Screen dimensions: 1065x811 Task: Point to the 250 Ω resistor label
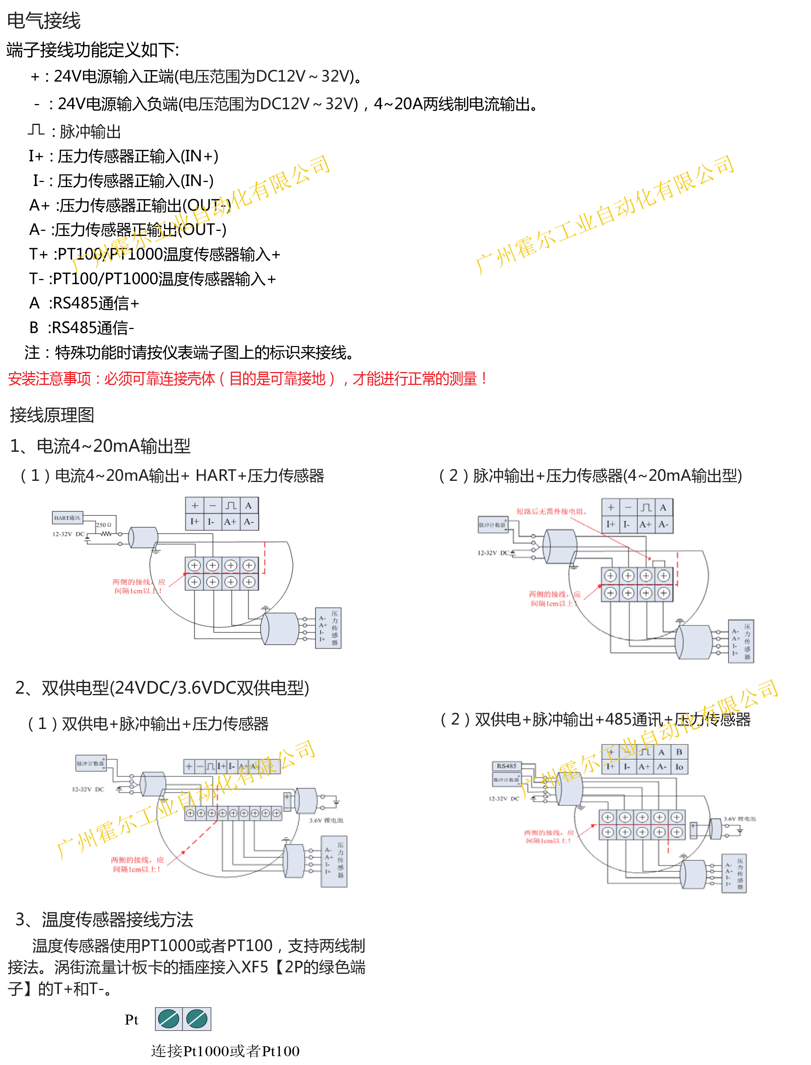click(104, 525)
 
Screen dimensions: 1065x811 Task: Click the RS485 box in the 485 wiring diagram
click(506, 766)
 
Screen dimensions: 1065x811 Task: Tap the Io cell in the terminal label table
click(679, 767)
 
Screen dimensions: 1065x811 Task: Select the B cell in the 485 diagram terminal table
click(679, 752)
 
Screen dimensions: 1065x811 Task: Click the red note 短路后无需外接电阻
click(551, 511)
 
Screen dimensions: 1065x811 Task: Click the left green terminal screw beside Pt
click(168, 1019)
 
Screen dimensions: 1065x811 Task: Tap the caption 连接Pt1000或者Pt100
click(225, 1051)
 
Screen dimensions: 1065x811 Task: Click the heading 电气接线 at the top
click(44, 21)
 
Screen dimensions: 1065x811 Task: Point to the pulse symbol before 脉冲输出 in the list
click(36, 129)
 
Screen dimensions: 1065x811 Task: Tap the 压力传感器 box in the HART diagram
click(328, 628)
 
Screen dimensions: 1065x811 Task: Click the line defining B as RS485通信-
click(82, 328)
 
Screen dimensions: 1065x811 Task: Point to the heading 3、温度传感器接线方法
click(105, 919)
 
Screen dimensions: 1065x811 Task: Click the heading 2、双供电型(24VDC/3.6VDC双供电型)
click(162, 688)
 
